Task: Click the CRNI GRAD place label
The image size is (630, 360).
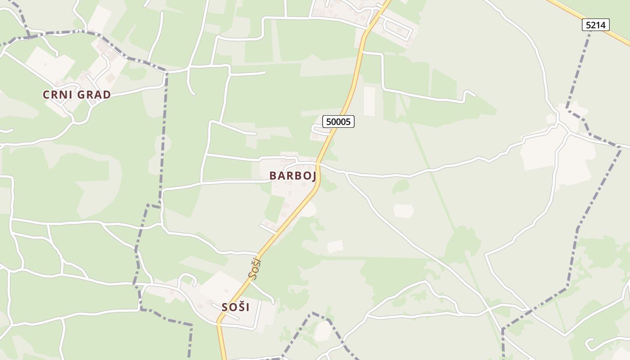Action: [x=76, y=95]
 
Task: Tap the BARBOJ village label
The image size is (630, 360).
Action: [x=292, y=176]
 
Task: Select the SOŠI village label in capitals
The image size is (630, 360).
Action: [x=235, y=307]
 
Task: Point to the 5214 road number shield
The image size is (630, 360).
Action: [x=595, y=25]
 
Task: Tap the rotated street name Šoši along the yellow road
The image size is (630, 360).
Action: [x=255, y=269]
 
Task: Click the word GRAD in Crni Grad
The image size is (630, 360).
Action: [x=94, y=95]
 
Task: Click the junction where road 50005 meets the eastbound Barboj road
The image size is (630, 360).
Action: [x=318, y=163]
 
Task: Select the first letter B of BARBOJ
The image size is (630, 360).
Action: [x=273, y=176]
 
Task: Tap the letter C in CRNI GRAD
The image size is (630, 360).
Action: [x=46, y=95]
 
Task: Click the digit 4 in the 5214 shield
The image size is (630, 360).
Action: [x=603, y=25]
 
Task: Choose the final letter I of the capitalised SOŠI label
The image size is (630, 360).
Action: [x=247, y=307]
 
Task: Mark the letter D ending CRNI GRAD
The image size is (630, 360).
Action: [x=107, y=95]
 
